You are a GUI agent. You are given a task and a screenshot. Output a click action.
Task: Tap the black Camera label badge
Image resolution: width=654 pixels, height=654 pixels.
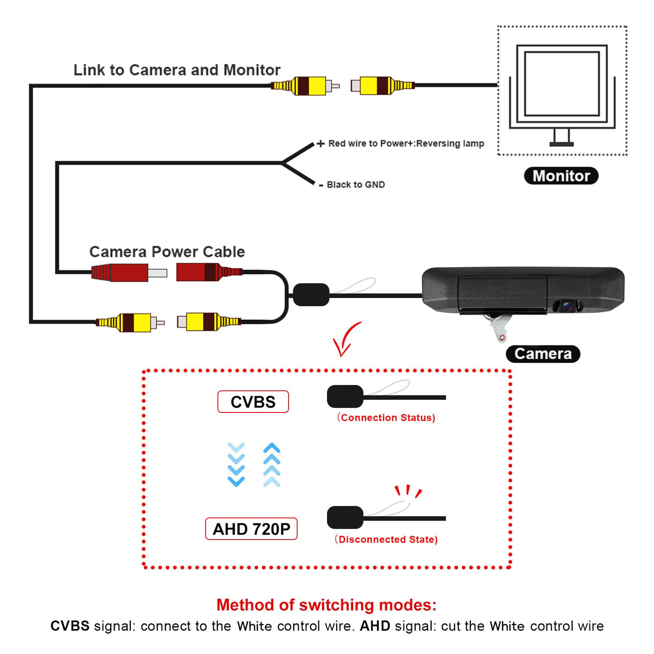[543, 354]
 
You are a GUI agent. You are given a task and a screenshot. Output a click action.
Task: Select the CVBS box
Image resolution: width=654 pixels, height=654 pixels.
[253, 402]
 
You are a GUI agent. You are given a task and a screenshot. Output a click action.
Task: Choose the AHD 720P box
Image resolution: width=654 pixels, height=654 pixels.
[251, 529]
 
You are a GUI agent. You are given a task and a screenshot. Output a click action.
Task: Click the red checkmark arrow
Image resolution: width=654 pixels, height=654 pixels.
[346, 340]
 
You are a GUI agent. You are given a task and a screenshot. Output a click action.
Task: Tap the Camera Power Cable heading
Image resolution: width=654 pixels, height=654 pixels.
[167, 252]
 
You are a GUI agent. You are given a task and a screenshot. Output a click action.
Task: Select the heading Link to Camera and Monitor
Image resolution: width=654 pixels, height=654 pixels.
[177, 70]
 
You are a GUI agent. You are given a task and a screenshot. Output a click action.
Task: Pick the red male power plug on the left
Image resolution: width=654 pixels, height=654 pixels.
[129, 272]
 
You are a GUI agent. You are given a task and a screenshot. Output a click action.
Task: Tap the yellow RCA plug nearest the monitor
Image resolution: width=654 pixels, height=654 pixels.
[383, 85]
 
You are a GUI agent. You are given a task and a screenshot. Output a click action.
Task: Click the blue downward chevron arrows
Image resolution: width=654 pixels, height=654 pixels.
[236, 464]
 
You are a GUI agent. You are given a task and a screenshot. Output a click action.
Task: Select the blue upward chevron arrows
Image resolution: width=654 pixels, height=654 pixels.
[272, 464]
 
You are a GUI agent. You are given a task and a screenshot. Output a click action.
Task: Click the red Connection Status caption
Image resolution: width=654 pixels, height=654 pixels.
[386, 418]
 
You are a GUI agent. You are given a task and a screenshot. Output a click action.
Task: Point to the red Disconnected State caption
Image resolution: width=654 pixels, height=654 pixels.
[386, 539]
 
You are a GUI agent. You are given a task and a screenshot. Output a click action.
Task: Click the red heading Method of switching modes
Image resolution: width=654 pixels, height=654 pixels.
[327, 605]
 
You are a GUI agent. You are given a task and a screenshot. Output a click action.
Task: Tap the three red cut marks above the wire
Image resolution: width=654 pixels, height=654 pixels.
[408, 491]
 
